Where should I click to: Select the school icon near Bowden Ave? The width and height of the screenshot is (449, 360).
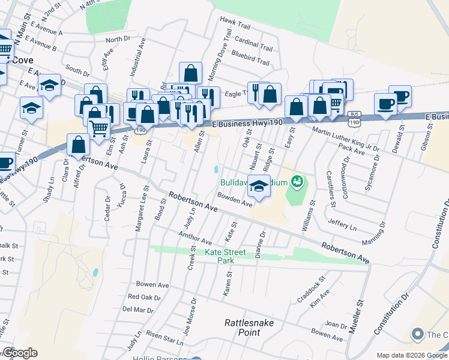tap(259, 187)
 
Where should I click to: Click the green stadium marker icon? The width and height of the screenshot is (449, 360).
tap(295, 181)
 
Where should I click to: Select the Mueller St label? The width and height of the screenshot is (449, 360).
tap(361, 313)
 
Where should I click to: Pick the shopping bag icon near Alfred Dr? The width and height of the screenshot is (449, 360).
tap(78, 145)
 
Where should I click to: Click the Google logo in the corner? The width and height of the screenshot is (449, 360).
tap(19, 353)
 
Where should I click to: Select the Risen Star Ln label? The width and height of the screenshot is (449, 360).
tap(163, 339)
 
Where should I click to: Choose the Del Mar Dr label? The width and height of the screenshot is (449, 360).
tap(137, 310)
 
